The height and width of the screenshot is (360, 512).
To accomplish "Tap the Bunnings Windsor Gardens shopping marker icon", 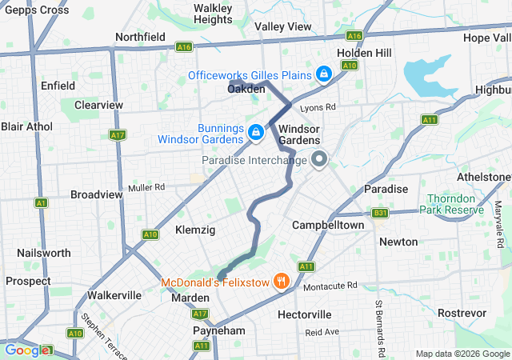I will (x=256, y=132).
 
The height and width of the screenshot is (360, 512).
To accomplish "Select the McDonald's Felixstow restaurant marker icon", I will (x=281, y=281).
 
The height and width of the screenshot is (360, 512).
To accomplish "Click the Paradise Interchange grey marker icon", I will (x=319, y=160).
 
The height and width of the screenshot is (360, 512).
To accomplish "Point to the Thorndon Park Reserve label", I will (x=456, y=204).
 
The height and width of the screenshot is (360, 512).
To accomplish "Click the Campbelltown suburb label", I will (x=328, y=225).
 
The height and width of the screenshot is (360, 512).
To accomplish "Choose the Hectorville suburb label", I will (x=303, y=314).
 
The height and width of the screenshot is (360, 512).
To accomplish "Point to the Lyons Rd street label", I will (x=318, y=106).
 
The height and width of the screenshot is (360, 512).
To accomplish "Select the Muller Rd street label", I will (x=146, y=187).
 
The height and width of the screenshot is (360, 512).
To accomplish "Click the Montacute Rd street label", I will (x=330, y=286).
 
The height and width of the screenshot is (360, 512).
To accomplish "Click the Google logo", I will (x=27, y=350).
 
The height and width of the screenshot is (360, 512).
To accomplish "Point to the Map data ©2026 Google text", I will (x=462, y=354).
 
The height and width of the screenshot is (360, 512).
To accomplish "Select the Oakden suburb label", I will (x=246, y=90).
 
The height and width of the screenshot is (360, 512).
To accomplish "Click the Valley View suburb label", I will (x=282, y=26).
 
